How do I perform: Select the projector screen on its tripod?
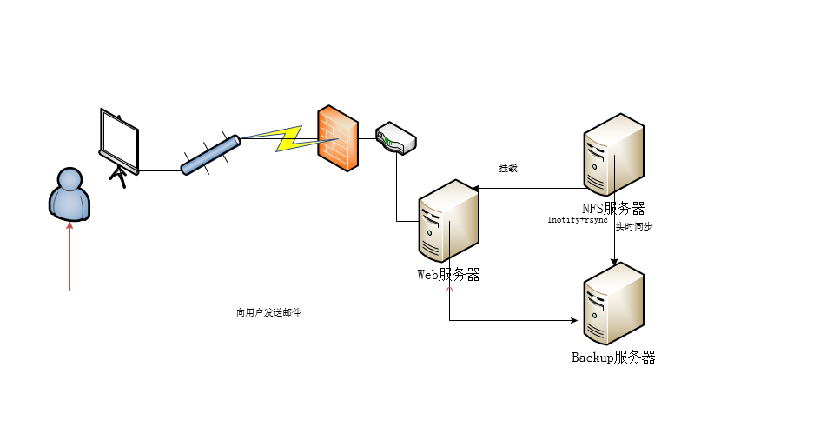(x=119, y=144)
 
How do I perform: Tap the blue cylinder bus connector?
(x=210, y=153)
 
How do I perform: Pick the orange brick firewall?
(x=337, y=137)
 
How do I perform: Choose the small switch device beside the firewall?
(x=395, y=138)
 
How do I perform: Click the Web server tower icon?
(x=448, y=221)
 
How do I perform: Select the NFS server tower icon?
(x=613, y=154)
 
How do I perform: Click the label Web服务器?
(x=448, y=275)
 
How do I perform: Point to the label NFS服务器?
(x=613, y=208)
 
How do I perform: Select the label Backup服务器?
(x=613, y=357)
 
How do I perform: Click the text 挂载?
(x=508, y=168)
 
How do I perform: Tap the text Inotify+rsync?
(x=577, y=220)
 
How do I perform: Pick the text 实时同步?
(x=634, y=226)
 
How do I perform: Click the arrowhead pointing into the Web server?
(x=477, y=188)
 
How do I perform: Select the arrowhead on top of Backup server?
(x=615, y=261)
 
